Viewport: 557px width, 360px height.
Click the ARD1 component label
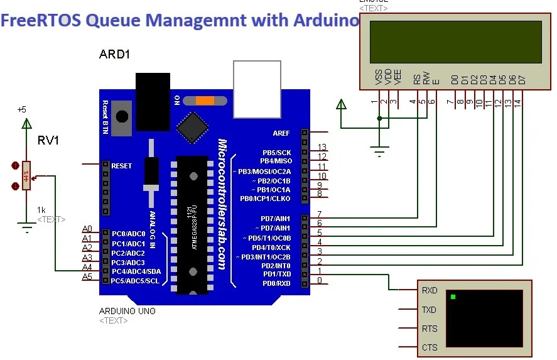click(114, 54)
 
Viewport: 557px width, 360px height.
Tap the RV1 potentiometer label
click(48, 141)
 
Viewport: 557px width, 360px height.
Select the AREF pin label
click(281, 133)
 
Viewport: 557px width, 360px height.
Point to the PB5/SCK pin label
click(276, 153)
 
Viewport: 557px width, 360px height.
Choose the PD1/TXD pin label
click(276, 274)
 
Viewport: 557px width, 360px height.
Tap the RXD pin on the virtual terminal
click(430, 291)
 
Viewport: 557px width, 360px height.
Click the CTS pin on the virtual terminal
click(430, 347)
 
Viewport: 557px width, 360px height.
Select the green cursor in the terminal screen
click(453, 297)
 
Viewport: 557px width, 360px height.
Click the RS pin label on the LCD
click(416, 80)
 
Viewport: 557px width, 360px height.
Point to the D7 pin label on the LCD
click(522, 80)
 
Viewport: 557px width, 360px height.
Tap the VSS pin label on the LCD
click(378, 78)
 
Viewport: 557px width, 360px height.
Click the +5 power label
click(21, 109)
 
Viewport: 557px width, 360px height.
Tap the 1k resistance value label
click(41, 210)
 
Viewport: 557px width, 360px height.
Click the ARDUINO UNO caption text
click(127, 311)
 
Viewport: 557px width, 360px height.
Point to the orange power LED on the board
click(204, 100)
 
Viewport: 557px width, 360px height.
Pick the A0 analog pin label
click(87, 229)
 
